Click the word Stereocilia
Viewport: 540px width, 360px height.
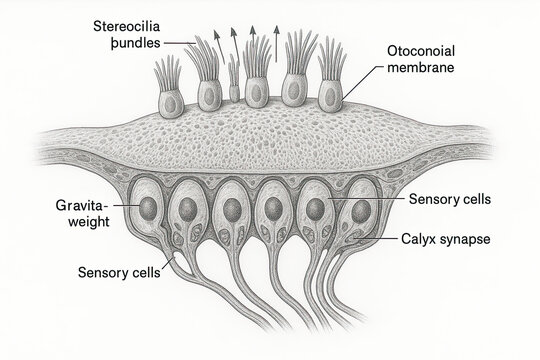point(127,24)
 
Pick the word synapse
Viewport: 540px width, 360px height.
point(465,239)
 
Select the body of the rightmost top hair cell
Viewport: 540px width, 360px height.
point(330,95)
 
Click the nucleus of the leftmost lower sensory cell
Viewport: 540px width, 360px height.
point(147,208)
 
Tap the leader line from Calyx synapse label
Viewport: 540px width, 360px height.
point(384,239)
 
